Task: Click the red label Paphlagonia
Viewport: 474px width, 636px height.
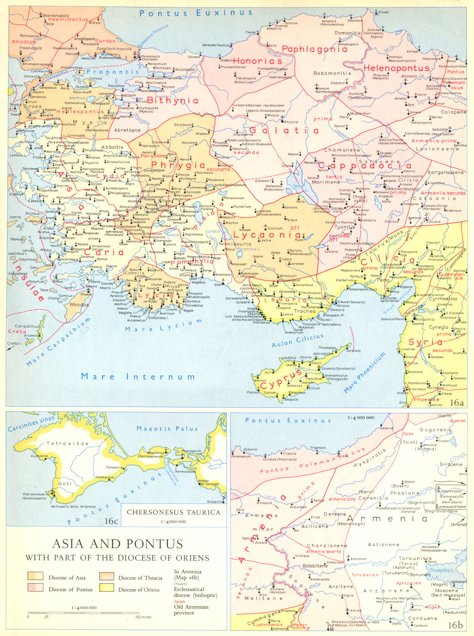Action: point(314,49)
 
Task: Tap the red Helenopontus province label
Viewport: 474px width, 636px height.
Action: point(396,68)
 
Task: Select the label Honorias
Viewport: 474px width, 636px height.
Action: point(257,61)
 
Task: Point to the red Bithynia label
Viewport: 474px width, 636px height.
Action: point(173,100)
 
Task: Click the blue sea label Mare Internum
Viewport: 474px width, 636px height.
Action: point(138,376)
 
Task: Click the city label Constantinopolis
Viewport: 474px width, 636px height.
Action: point(114,48)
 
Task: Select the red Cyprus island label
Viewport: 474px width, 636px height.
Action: point(287,380)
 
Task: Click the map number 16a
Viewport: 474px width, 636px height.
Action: point(457,403)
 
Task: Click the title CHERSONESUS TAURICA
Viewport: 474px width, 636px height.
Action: point(173,512)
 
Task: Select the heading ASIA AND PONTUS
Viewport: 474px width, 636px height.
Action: point(118,544)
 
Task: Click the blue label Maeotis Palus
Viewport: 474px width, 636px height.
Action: point(167,429)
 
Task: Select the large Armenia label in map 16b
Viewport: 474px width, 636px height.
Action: point(387,519)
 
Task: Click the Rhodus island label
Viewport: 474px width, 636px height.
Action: point(79,304)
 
